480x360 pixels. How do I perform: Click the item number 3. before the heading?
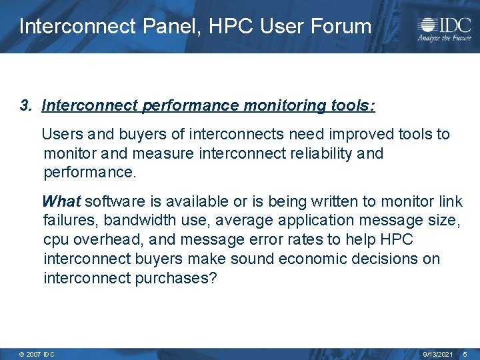[26, 105]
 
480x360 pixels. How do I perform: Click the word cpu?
[56, 239]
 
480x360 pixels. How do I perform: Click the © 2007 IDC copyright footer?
[37, 354]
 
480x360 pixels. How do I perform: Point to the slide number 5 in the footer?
[466, 354]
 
